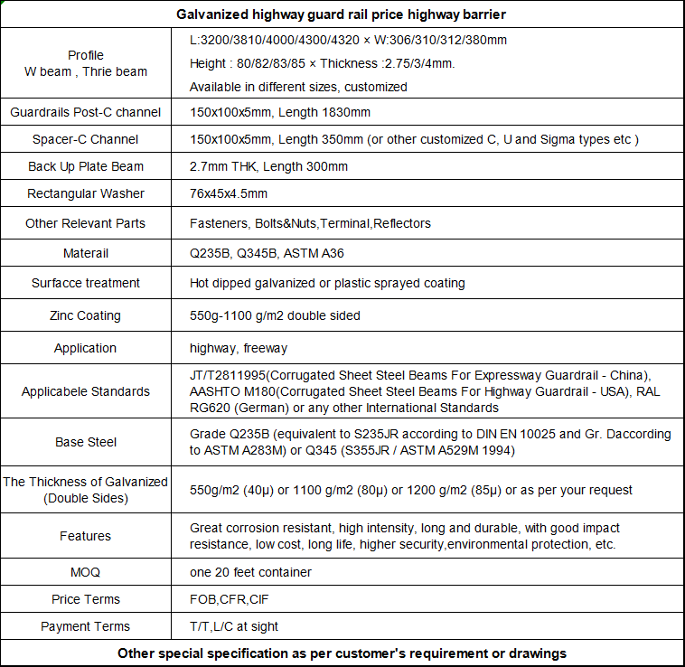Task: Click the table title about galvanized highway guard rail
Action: [x=342, y=14]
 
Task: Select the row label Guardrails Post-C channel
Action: [x=86, y=112]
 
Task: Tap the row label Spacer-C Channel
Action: [x=86, y=139]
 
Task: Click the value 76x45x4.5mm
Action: [x=229, y=193]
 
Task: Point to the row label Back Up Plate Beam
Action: [x=86, y=166]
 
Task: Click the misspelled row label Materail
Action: [x=86, y=253]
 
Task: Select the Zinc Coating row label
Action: [x=86, y=315]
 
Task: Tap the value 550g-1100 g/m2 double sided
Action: [x=275, y=315]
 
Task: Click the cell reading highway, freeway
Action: [x=239, y=348]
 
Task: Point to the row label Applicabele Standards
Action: [x=86, y=391]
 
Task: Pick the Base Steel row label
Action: [x=86, y=442]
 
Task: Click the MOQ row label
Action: [x=86, y=572]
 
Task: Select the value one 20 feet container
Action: [x=250, y=572]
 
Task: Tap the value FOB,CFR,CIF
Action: [x=230, y=599]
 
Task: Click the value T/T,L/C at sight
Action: [x=234, y=626]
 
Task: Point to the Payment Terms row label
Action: [x=86, y=626]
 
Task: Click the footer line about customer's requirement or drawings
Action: [x=342, y=653]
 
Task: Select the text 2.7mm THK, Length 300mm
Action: [x=268, y=166]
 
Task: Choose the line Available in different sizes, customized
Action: [x=298, y=87]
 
